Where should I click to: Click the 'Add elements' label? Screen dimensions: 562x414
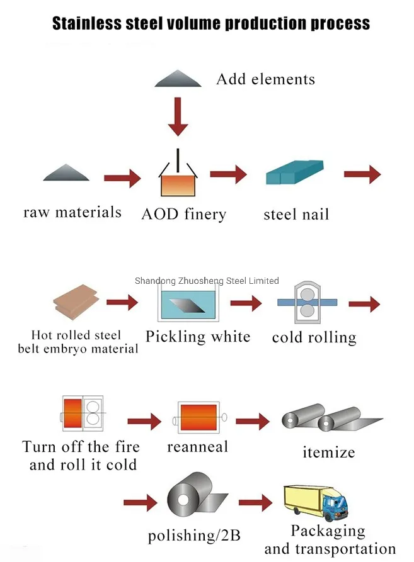265,79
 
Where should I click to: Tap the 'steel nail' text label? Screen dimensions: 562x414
296,215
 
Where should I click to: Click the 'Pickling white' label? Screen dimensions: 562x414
198,337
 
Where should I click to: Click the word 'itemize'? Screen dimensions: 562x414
328,452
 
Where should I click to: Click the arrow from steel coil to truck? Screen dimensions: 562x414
256,503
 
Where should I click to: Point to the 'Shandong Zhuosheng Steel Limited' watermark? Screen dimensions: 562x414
207,281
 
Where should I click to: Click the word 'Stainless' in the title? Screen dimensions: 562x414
84,24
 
